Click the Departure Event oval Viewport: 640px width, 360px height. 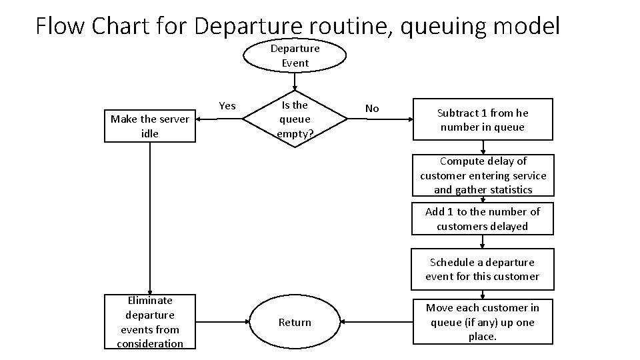coord(295,56)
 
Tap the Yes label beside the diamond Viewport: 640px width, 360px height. coord(227,106)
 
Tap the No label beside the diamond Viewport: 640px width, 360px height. coord(372,109)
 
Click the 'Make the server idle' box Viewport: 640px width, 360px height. coord(150,127)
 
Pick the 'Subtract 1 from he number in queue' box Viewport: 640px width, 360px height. coord(482,120)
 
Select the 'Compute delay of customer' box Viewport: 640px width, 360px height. coord(483,175)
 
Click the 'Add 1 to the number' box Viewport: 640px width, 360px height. coord(483,219)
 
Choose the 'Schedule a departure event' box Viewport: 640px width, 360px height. coord(482,269)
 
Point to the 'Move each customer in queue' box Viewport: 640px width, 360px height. coord(482,322)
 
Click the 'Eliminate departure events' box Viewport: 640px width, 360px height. coord(150,322)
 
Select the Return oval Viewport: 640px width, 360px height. coord(295,323)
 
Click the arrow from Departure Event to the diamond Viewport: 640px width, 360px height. coord(295,81)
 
